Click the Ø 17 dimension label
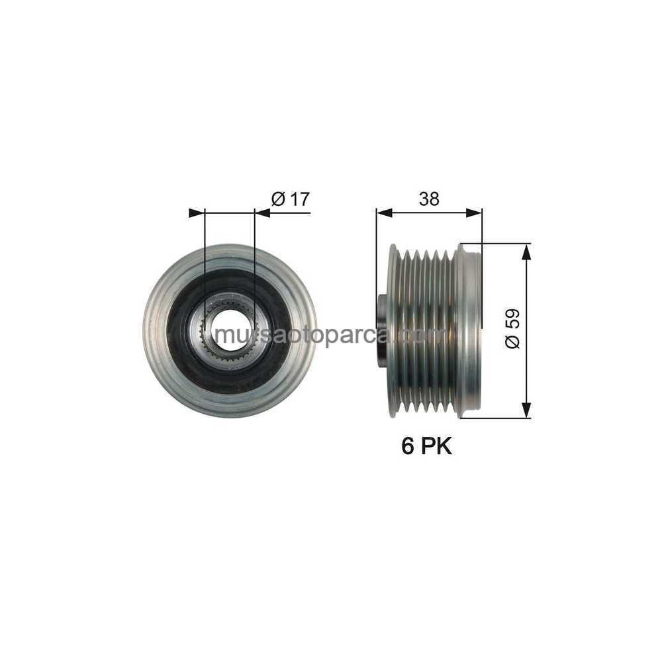coord(291,199)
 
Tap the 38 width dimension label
coord(429,199)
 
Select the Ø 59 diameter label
coord(512,329)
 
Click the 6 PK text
coord(426,446)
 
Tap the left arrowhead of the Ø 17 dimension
coord(197,213)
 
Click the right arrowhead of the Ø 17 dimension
coord(263,213)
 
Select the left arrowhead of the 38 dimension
coord(384,213)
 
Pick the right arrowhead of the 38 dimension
coord(473,213)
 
